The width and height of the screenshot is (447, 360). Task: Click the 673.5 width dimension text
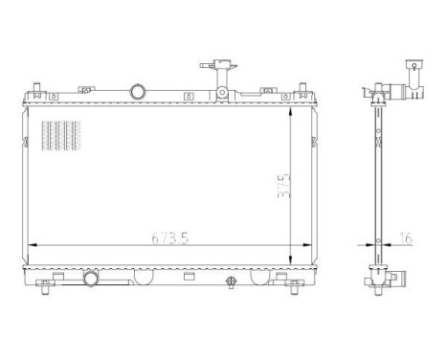[165, 238]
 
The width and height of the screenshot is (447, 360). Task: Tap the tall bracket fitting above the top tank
[223, 78]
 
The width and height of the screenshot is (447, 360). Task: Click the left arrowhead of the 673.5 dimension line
[34, 246]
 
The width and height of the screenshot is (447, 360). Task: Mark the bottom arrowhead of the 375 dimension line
[292, 264]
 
